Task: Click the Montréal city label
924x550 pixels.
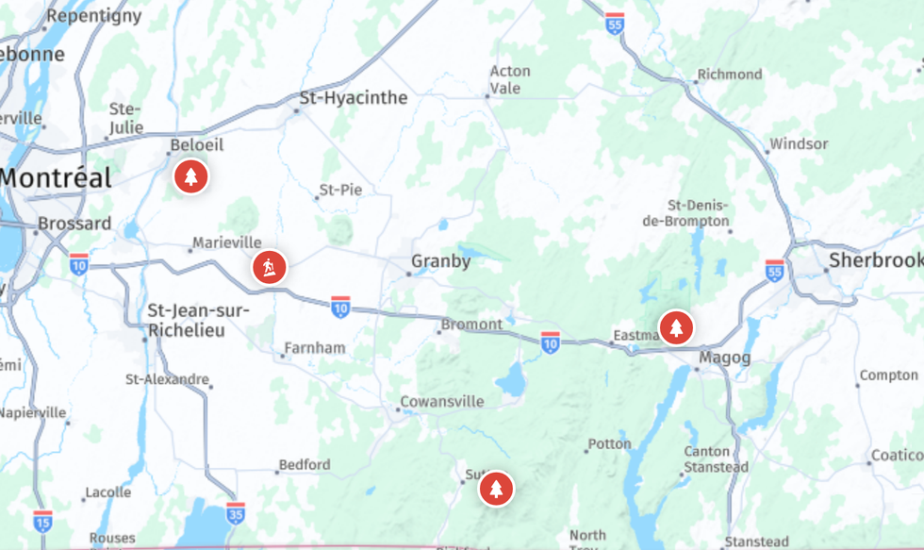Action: point(57,177)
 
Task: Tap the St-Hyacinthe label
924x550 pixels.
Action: point(354,98)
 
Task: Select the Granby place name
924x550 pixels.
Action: point(440,261)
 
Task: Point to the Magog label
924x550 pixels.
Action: point(725,358)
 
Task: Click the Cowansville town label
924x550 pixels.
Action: point(441,402)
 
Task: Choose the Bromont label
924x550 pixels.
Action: point(471,325)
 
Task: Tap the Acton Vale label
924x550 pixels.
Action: point(510,79)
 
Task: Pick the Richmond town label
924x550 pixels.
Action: point(730,75)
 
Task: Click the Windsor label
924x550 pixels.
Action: point(799,144)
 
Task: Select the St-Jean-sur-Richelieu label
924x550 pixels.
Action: point(199,321)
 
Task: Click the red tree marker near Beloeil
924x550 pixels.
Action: point(191,175)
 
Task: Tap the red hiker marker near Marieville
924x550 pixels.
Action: point(270,268)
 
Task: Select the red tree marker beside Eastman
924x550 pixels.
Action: point(675,327)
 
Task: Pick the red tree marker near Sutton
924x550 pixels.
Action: point(495,489)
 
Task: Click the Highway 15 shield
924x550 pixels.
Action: point(42,520)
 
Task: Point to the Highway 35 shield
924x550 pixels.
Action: point(236,512)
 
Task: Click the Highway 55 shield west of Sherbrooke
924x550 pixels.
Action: point(775,270)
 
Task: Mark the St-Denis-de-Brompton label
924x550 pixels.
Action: point(699,213)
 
